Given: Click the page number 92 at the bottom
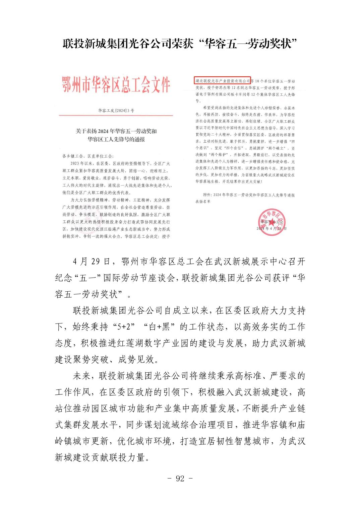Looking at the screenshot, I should (x=180, y=479).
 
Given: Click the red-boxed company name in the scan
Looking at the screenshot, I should (x=223, y=81).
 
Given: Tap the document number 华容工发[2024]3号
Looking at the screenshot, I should (x=116, y=110).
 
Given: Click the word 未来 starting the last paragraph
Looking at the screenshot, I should (x=81, y=376).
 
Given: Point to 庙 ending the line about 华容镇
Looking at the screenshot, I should (x=301, y=425).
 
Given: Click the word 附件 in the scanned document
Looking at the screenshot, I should (x=208, y=195).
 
